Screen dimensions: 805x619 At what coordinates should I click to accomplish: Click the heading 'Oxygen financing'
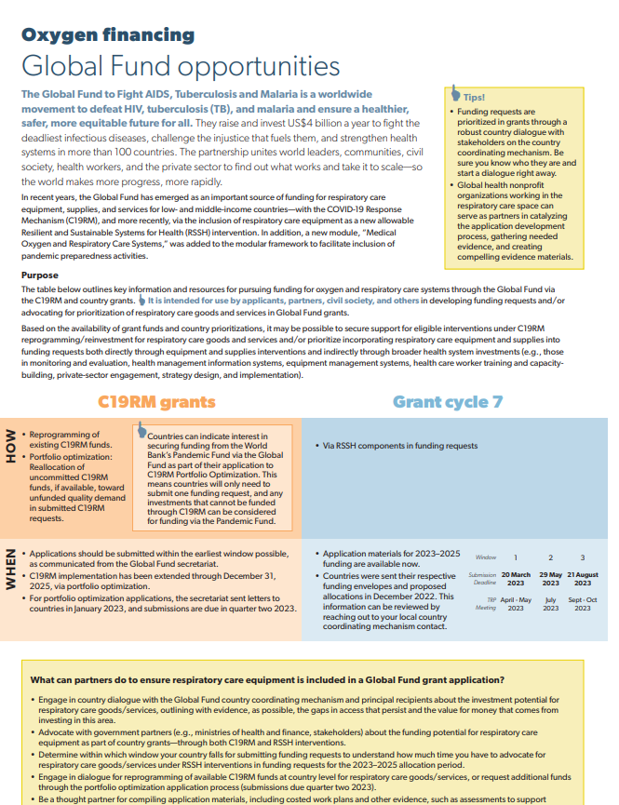pos(108,35)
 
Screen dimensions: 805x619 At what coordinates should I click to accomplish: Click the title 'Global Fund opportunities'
pos(181,66)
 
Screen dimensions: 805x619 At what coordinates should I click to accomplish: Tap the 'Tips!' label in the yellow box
pos(474,96)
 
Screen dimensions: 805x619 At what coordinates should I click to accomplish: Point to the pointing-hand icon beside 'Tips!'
pos(455,93)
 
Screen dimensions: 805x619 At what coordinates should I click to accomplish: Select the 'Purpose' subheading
pos(40,275)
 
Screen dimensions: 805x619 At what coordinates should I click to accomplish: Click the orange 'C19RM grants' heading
pos(156,402)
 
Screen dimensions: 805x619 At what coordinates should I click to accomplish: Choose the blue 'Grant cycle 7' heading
pos(448,402)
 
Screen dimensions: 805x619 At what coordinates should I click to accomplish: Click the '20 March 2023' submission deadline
pos(516,579)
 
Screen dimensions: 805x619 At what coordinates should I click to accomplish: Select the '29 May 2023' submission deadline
pos(551,579)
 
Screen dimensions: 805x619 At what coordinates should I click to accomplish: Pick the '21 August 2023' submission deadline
pos(582,579)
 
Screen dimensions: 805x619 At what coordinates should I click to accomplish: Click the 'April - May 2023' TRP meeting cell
pos(516,604)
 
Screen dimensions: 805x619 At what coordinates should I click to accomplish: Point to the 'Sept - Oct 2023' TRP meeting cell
pos(582,604)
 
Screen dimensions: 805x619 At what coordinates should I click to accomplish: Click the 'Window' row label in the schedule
pos(486,557)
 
